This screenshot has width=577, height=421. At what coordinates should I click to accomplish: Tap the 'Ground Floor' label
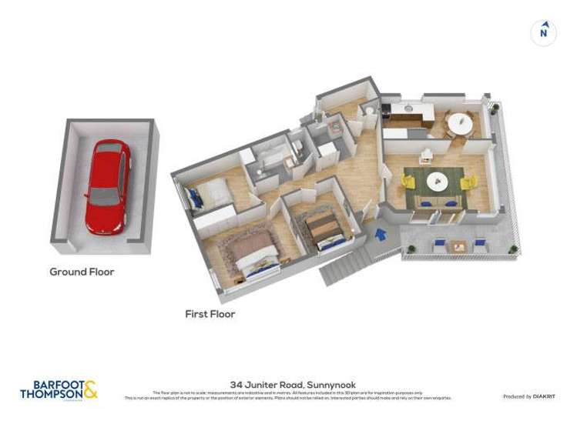pos(82,272)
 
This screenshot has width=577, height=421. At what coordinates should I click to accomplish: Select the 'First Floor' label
pos(210,314)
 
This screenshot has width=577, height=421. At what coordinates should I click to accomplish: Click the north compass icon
pos(544,32)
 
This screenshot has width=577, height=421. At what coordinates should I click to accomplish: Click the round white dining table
pos(461,122)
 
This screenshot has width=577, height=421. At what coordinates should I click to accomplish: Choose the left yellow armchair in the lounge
pos(408,183)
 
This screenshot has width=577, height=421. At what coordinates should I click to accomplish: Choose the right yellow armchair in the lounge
pos(469,182)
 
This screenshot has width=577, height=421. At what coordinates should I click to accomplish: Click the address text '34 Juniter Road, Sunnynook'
pos(293,384)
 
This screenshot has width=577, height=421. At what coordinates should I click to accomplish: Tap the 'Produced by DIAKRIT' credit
pos(528,396)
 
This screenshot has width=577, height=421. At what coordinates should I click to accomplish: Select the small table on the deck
pos(459,246)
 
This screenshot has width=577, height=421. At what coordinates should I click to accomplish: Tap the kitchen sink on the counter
pos(406,110)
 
